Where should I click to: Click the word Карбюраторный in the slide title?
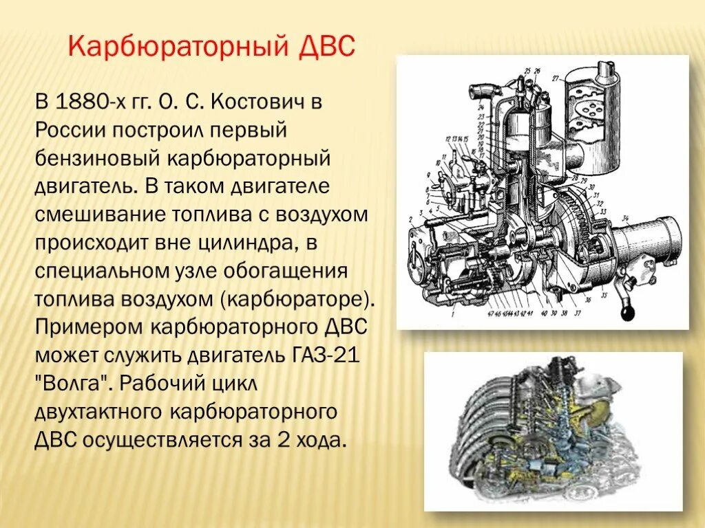[x=177, y=47]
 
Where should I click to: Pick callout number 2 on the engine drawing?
[x=411, y=219]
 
